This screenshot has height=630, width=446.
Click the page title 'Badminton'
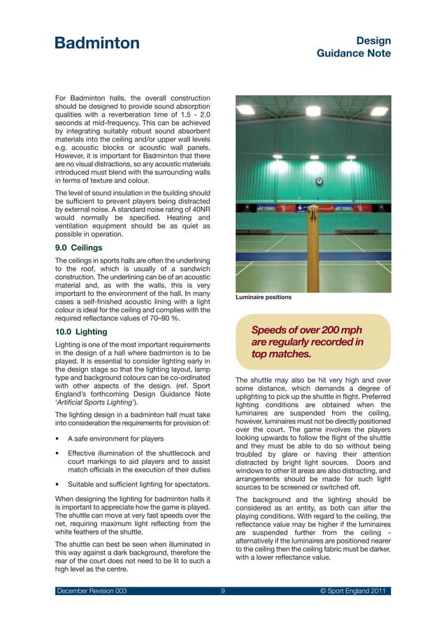coord(97,43)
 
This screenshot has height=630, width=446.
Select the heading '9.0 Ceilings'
coord(78,247)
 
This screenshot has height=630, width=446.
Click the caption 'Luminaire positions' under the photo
coord(263,298)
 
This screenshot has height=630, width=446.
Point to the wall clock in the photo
coord(319,181)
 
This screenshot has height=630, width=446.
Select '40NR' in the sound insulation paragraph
coord(197,209)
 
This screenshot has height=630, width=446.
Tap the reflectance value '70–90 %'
coord(159,318)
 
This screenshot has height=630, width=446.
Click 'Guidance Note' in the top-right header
coord(354,54)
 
